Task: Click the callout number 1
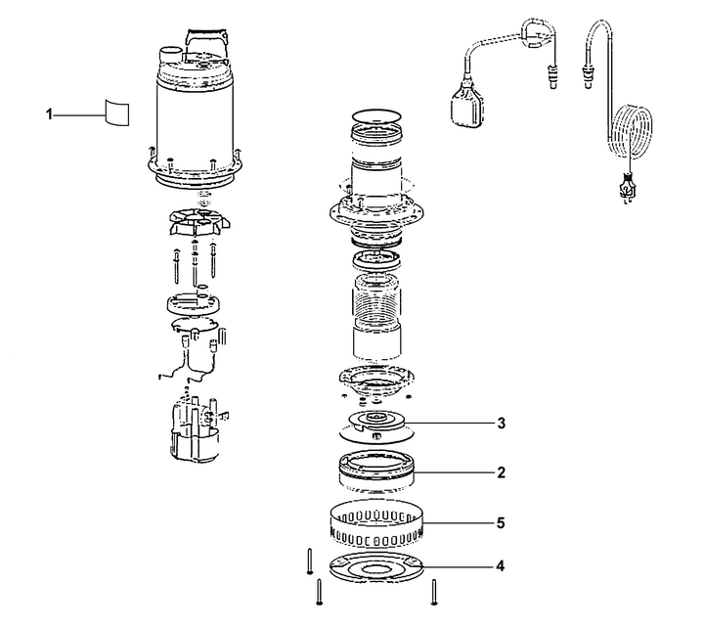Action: tap(49, 115)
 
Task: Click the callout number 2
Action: tap(501, 472)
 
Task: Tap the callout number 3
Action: tap(501, 424)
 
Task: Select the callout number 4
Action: tap(501, 566)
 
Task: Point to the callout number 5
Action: tap(501, 523)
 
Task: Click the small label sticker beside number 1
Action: tap(117, 112)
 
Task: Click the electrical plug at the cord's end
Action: tap(626, 189)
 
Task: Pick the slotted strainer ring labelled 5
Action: tap(376, 523)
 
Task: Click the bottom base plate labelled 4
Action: tap(376, 567)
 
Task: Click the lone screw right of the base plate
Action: tap(434, 592)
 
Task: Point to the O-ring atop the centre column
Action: tap(375, 115)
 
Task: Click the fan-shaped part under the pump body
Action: tap(197, 222)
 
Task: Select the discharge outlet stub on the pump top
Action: tap(171, 55)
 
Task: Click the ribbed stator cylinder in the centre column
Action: tap(375, 298)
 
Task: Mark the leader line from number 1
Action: tap(79, 115)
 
